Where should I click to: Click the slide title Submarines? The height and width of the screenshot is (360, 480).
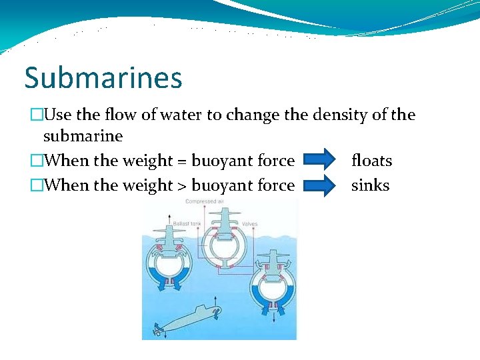point(103,77)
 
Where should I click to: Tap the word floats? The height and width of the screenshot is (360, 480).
point(371,161)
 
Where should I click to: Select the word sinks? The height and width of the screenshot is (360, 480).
point(370,185)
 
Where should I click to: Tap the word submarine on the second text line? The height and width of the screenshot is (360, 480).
point(83,137)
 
